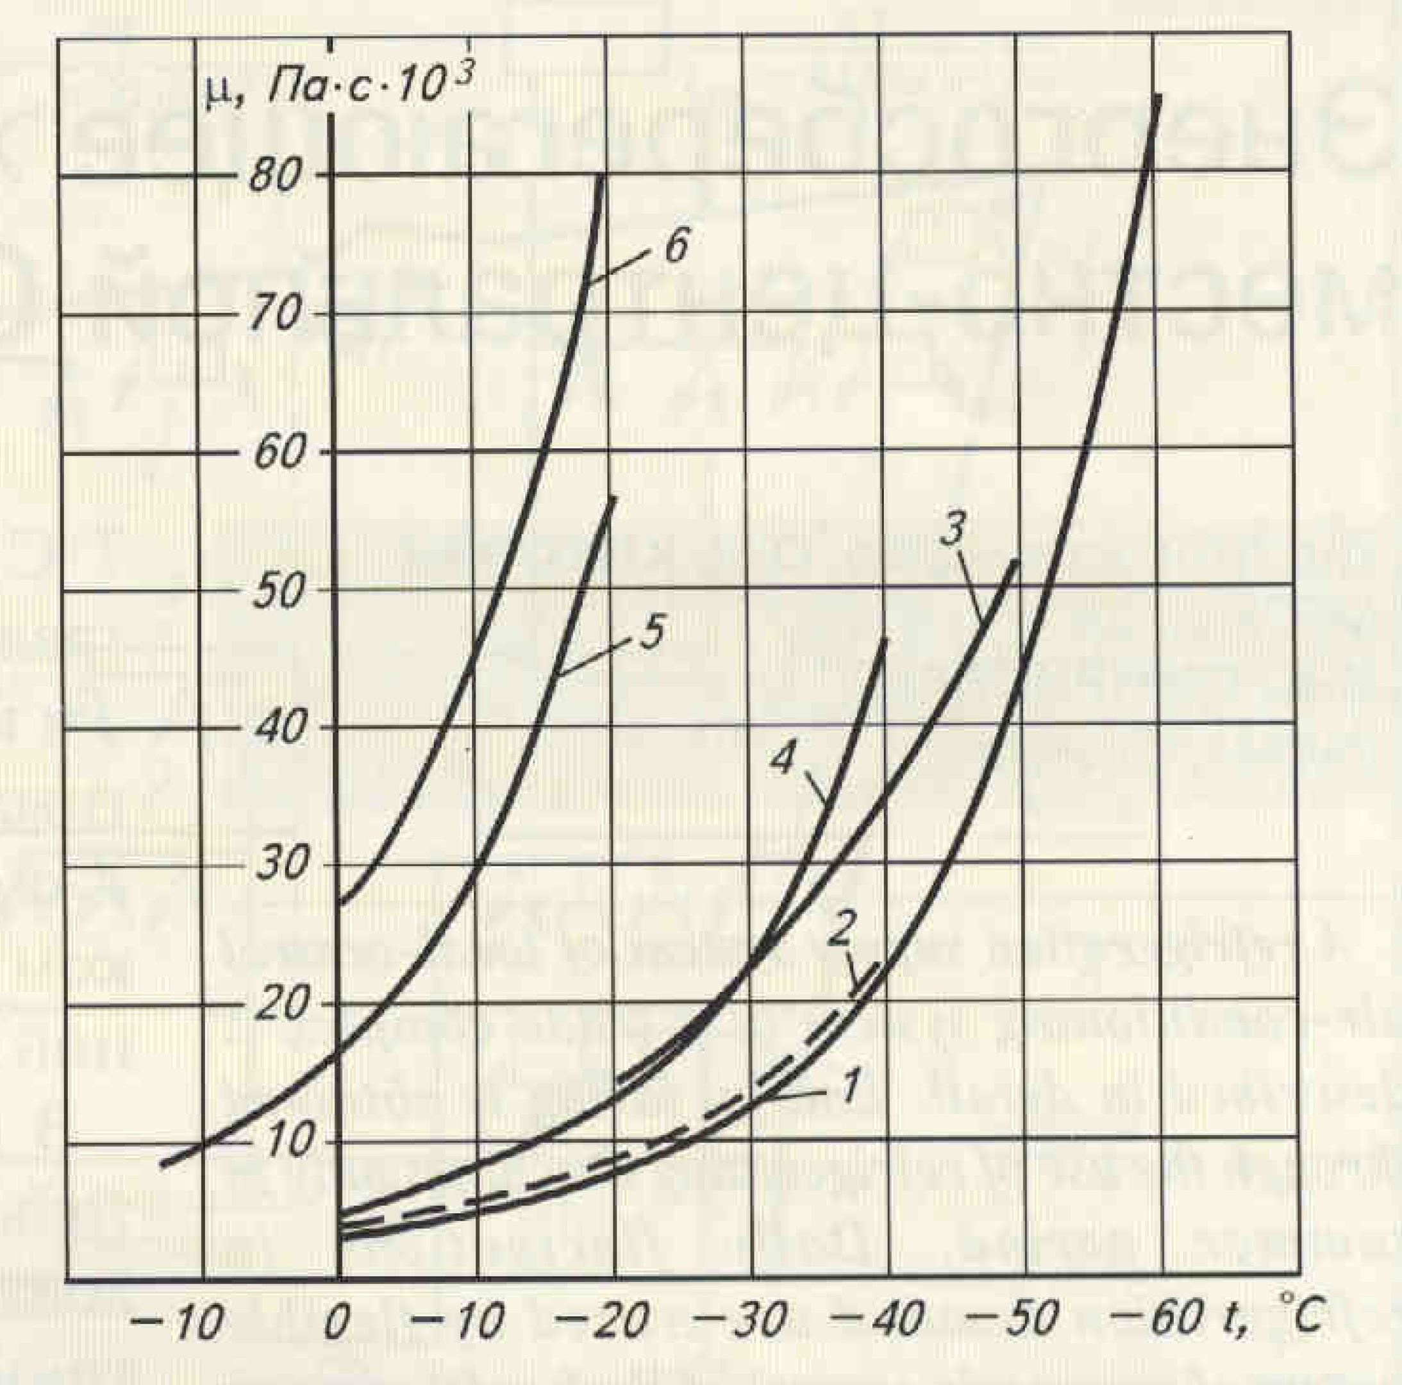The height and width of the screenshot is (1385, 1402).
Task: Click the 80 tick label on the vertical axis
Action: pyautogui.click(x=274, y=176)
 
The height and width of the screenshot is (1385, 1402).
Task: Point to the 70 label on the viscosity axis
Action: pyautogui.click(x=274, y=317)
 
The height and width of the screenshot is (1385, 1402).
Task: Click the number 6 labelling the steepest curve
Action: pyautogui.click(x=673, y=248)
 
